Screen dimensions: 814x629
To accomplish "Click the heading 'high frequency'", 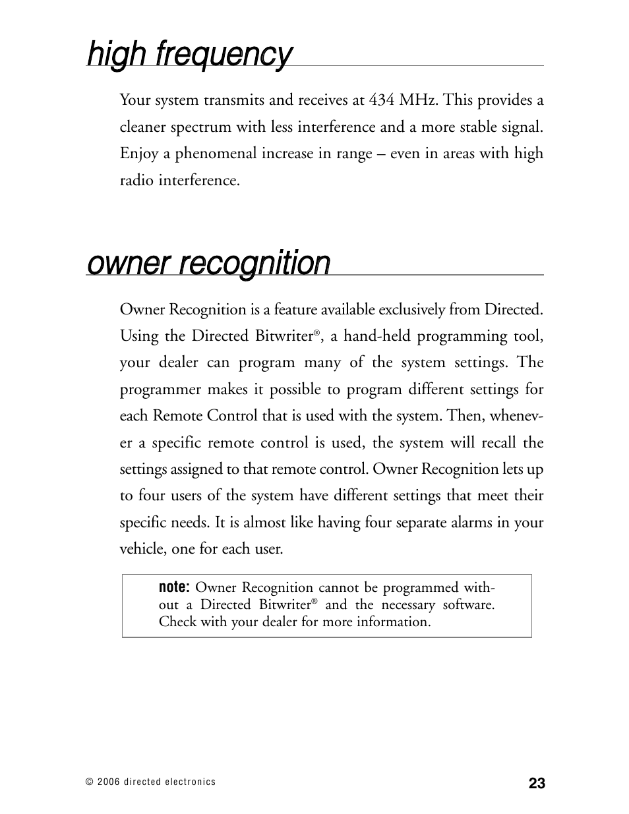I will click(189, 54).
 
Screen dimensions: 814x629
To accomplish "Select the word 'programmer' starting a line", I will click(160, 390).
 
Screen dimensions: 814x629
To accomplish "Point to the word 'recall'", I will click(496, 442).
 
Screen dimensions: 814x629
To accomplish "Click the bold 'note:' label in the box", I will click(175, 587).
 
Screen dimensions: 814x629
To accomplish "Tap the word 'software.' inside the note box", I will click(468, 604).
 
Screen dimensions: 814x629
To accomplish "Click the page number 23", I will click(536, 783).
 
